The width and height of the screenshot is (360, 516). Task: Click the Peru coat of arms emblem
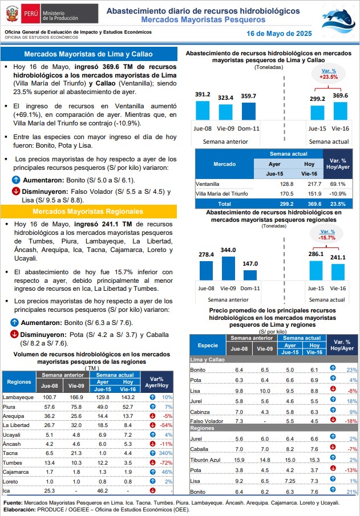[12, 14]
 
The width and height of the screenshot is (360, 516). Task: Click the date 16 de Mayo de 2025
[279, 34]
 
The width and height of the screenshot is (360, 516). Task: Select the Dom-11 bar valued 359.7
[248, 111]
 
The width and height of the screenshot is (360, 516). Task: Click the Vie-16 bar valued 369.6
[340, 111]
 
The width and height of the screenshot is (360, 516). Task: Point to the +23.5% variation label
[329, 77]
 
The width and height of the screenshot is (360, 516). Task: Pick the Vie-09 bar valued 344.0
[228, 268]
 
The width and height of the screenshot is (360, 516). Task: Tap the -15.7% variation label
[327, 238]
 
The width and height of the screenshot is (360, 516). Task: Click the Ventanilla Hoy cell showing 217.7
[314, 184]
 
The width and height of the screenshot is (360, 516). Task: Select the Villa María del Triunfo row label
[222, 194]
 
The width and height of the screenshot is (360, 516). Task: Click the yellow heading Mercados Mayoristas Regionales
[88, 212]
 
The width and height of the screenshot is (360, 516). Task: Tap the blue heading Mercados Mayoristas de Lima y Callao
[88, 54]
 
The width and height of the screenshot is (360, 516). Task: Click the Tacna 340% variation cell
[165, 453]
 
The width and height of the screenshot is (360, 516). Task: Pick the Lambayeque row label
[18, 397]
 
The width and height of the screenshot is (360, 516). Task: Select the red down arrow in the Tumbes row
[152, 462]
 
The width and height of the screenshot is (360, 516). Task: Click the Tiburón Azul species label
[205, 460]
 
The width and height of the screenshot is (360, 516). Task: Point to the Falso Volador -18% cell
[351, 421]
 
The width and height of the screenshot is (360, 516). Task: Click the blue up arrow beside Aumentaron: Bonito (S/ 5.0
[16, 180]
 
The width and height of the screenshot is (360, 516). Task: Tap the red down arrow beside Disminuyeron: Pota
[14, 334]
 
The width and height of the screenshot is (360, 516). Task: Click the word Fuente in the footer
[13, 503]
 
